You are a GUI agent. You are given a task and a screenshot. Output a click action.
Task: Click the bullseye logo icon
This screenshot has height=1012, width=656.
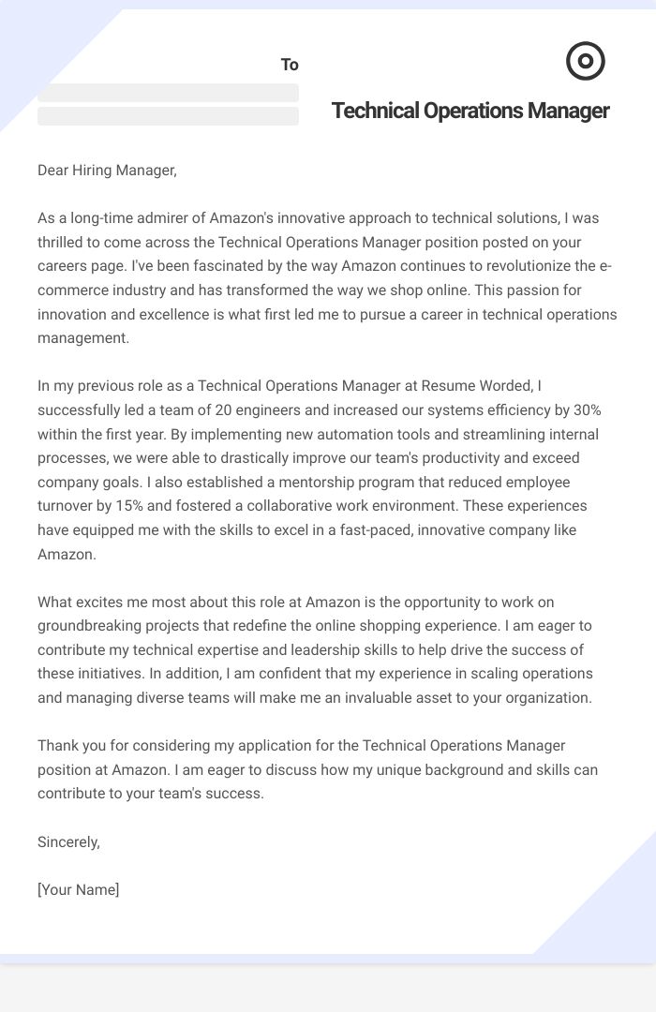[586, 62]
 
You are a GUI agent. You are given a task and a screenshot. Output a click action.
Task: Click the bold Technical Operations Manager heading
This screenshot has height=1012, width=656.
[470, 111]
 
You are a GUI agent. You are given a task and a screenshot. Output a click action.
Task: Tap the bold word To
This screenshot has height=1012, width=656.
[290, 65]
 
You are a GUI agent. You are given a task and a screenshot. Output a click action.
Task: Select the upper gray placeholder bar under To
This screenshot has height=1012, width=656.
[168, 93]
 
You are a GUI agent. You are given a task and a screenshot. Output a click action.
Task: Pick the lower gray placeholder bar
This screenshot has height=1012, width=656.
[168, 116]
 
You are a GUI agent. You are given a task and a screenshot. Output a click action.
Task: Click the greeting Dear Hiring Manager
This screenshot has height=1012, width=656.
[107, 170]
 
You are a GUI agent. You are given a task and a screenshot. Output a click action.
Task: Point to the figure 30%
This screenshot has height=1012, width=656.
[583, 410]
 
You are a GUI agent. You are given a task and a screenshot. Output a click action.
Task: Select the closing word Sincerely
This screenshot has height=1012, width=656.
[68, 841]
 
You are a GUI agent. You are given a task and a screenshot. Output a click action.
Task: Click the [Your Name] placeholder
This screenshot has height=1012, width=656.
[79, 889]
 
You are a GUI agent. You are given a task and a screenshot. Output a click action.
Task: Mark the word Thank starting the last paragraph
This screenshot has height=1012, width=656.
[57, 746]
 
